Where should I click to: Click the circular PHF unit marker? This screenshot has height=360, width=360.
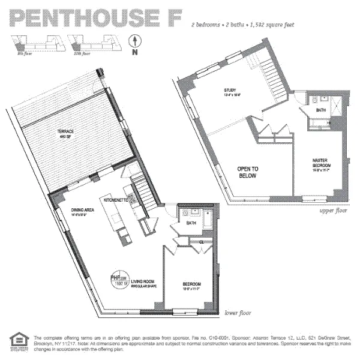(116, 281)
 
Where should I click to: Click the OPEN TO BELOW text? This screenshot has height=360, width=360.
(247, 173)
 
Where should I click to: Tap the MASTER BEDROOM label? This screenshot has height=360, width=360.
(322, 163)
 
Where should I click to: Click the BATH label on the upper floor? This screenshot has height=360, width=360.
(322, 110)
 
